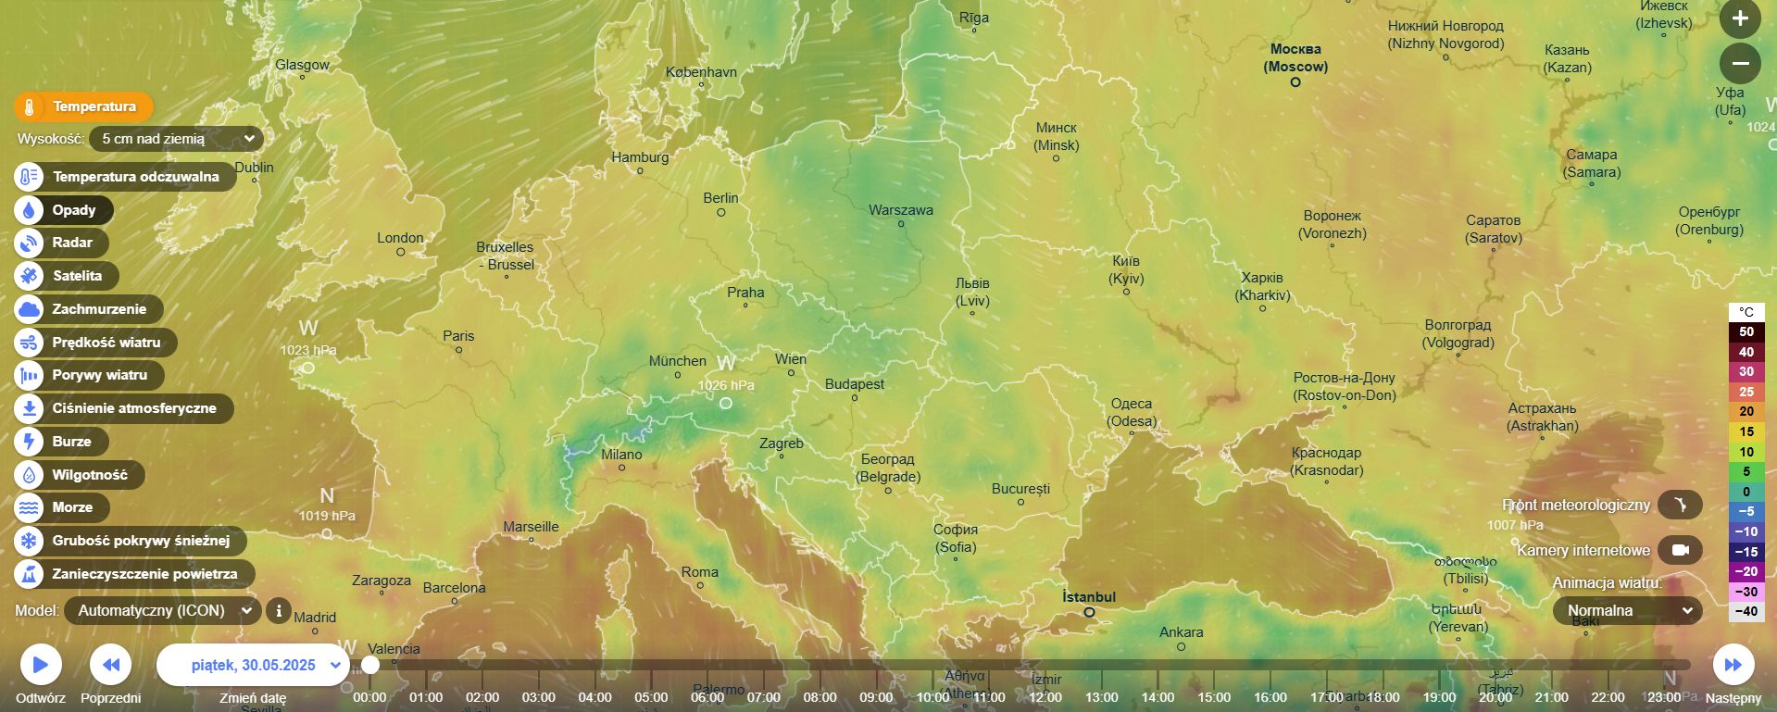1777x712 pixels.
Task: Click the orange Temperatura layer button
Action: coord(83,106)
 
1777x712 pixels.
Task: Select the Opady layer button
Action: coord(63,210)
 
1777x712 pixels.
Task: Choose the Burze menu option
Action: coord(61,442)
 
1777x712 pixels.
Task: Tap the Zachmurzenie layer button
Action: coord(88,309)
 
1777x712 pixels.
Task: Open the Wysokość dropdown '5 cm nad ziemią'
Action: coord(176,139)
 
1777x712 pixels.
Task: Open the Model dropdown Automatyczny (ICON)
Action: coord(162,611)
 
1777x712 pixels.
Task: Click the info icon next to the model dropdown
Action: coord(278,611)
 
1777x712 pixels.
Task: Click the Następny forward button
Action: coord(1733,665)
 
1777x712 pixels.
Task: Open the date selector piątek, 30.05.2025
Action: coord(254,665)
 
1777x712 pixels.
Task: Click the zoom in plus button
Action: coord(1740,19)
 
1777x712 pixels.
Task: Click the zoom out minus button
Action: coord(1740,63)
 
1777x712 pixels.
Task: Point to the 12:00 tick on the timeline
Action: coord(1045,696)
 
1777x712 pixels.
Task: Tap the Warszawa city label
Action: coord(900,210)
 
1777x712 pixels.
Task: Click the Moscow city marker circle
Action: coord(1295,82)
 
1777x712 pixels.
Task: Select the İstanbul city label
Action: coord(1088,597)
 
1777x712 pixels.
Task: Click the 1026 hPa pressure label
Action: coord(726,385)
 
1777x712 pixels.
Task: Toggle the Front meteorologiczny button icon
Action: coord(1680,505)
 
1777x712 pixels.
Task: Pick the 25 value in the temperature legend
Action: coord(1746,392)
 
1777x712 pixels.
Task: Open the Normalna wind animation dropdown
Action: coord(1627,611)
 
